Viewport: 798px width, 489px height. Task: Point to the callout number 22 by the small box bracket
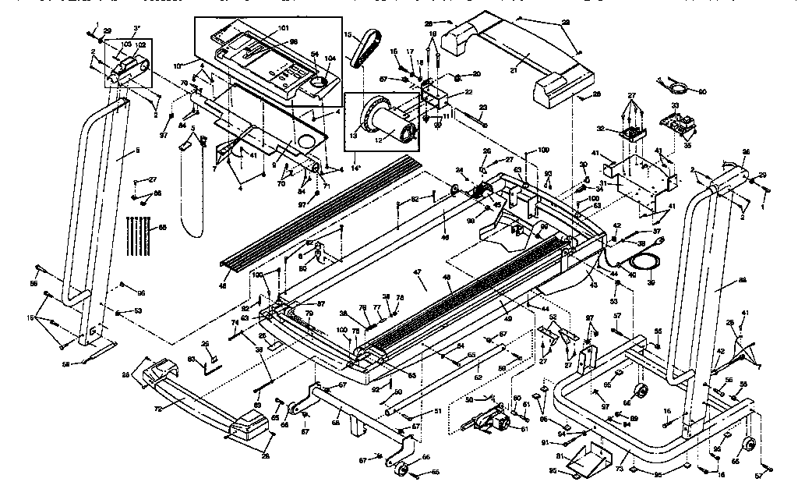click(x=468, y=92)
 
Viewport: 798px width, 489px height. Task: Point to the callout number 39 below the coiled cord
click(x=651, y=282)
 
